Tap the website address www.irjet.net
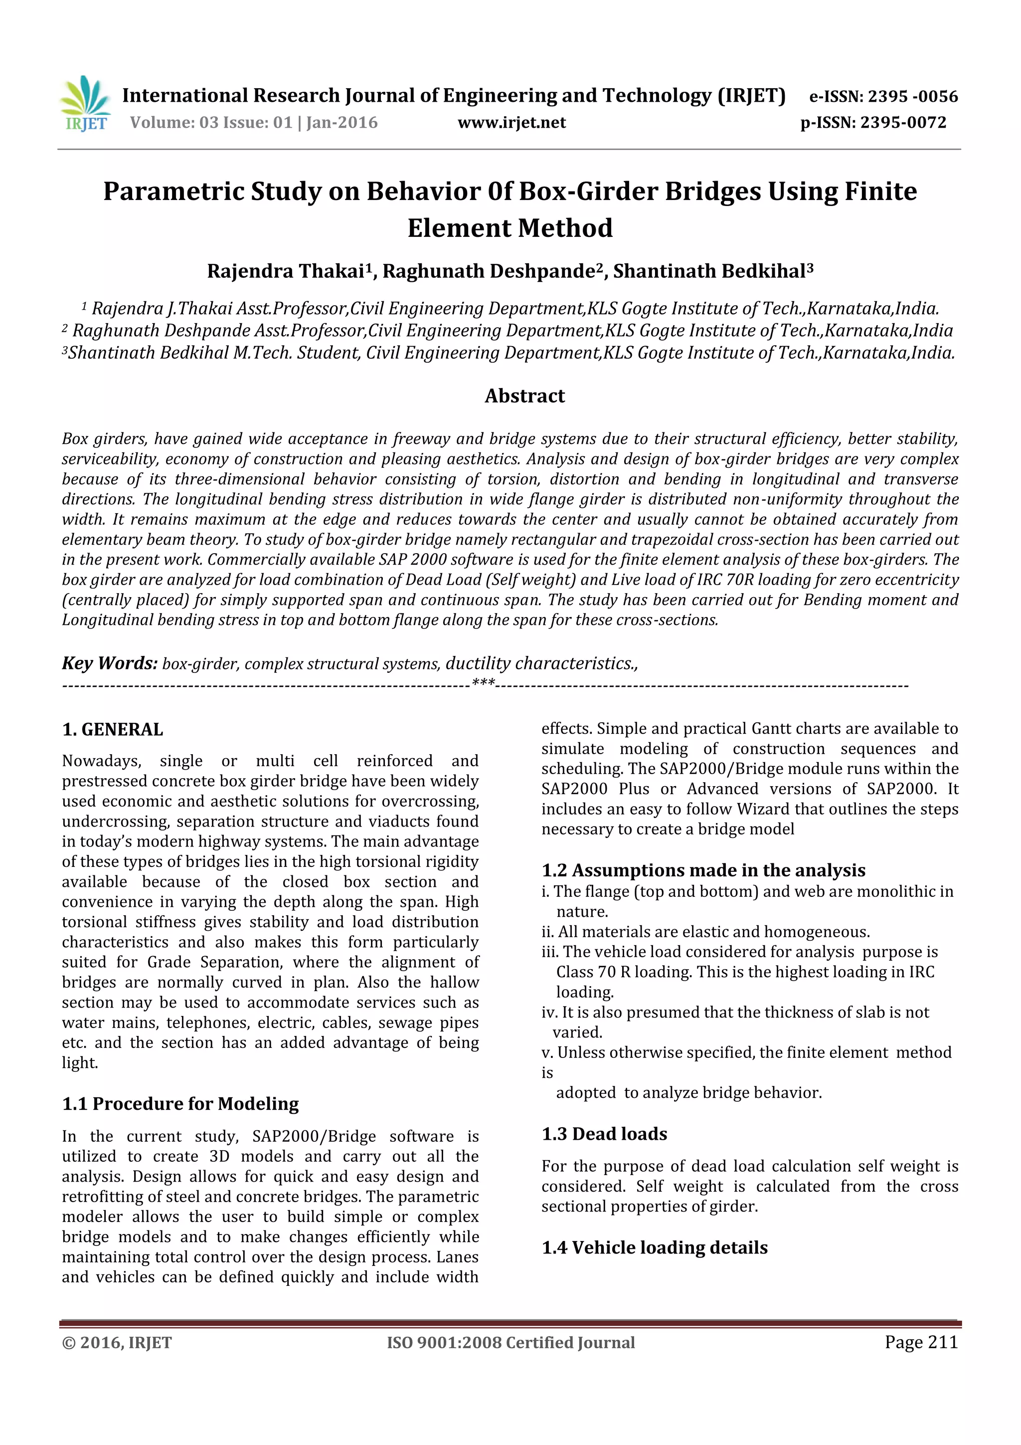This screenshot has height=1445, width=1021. tap(511, 123)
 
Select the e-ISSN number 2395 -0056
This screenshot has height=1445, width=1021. tap(912, 96)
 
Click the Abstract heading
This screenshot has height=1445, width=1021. tap(524, 396)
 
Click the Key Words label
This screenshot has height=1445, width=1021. tap(110, 663)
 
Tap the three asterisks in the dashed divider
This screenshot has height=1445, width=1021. tap(483, 683)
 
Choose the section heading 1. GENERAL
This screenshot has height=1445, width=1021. tap(113, 729)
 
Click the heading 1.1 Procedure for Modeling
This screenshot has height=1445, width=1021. tap(180, 1104)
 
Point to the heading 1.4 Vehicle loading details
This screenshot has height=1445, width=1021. tap(654, 1248)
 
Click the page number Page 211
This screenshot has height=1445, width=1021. tap(920, 1342)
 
